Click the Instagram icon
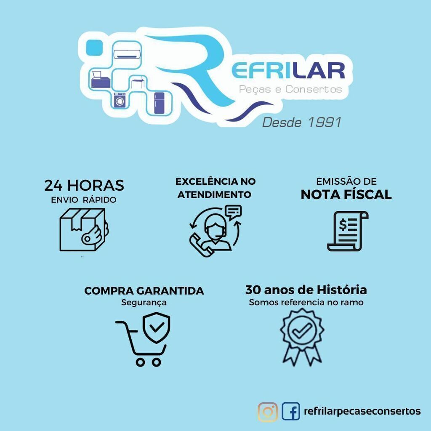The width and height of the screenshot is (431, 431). [267, 412]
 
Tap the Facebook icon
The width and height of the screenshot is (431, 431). [290, 411]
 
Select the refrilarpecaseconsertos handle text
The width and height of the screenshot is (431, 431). [362, 411]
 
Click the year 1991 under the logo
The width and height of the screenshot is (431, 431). [325, 122]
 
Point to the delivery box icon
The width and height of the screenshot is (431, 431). [84, 229]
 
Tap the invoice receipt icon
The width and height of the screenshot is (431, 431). [347, 231]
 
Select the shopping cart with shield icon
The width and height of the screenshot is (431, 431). [143, 340]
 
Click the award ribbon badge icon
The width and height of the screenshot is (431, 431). [302, 337]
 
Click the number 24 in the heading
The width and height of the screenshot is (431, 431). [53, 186]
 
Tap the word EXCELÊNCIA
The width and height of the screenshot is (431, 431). [207, 181]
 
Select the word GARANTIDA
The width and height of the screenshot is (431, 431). [170, 291]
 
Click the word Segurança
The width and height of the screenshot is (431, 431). [144, 303]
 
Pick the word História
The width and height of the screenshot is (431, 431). [342, 290]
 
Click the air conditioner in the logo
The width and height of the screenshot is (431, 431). [127, 53]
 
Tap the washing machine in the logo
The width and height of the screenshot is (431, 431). [120, 100]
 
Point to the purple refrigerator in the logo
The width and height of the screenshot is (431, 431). [159, 103]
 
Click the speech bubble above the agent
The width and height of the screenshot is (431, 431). [233, 212]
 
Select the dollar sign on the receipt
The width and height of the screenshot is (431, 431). [343, 224]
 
